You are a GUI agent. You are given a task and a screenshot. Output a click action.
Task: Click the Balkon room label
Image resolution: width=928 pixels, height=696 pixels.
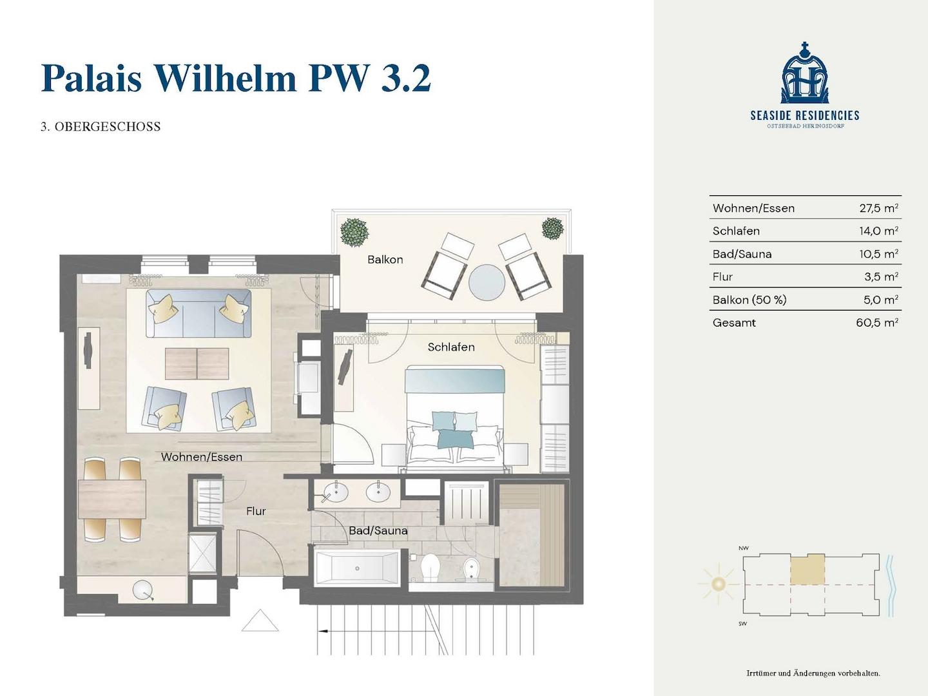tap(385, 260)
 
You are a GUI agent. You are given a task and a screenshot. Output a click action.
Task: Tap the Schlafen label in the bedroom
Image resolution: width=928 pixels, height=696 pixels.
tap(451, 347)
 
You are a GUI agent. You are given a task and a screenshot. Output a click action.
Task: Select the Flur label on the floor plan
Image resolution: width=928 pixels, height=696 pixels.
tap(256, 511)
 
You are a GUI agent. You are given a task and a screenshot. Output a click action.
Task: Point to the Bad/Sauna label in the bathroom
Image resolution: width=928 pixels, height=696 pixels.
tap(378, 531)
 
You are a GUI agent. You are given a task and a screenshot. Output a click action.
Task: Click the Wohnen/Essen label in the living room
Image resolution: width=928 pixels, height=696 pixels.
tap(202, 457)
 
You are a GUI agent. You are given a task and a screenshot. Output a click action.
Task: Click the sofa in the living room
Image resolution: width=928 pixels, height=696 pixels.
tap(198, 313)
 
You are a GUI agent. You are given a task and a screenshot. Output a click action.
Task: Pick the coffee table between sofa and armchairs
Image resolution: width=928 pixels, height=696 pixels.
tap(197, 364)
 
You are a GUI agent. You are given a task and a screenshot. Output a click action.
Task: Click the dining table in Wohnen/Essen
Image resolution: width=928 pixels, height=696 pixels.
tap(112, 499)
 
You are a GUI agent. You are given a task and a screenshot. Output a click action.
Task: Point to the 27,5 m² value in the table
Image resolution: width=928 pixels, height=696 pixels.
tap(878, 208)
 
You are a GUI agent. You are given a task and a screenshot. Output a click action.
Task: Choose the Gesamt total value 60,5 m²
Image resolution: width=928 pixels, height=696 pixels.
tap(877, 323)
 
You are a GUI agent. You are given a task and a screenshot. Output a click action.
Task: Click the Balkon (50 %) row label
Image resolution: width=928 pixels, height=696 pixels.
tap(749, 300)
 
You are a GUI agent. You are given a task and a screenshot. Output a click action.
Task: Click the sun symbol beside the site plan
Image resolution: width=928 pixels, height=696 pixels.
tap(718, 585)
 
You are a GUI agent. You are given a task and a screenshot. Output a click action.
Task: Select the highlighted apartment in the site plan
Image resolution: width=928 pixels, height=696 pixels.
tap(807, 569)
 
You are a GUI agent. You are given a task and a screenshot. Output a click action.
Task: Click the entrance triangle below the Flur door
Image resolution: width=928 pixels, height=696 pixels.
tap(260, 621)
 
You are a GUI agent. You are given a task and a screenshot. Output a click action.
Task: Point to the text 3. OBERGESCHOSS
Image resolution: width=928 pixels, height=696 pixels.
tap(101, 127)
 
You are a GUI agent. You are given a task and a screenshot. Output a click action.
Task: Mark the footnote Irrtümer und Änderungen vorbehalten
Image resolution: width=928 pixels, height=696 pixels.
tap(813, 673)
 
